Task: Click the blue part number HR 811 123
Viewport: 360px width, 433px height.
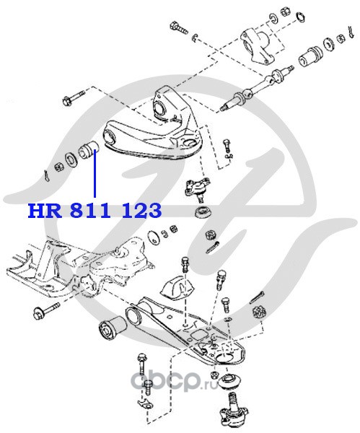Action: point(95,211)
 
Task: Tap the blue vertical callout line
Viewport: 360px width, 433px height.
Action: point(95,173)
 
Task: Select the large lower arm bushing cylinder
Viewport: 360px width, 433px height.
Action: point(113,328)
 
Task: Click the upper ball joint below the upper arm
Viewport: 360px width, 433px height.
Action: point(197,188)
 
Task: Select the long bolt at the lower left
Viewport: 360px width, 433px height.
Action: point(46,310)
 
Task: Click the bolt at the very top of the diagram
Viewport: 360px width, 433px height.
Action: point(178,27)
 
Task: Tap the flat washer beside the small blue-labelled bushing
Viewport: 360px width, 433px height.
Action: point(71,159)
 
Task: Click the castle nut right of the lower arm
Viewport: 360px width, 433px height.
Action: point(259,312)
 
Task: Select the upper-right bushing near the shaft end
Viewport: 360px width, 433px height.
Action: point(310,56)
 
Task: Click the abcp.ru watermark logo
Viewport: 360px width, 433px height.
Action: point(175,381)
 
